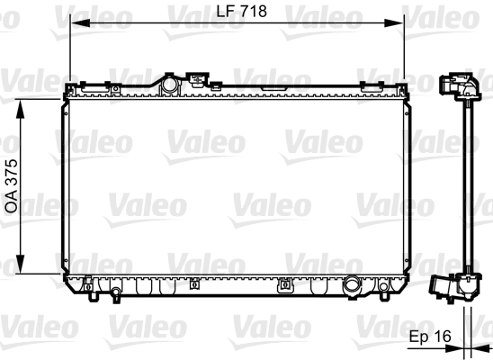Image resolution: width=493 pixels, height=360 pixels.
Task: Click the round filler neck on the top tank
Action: point(168,84)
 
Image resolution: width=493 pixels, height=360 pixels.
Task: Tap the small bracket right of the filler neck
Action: point(198,80)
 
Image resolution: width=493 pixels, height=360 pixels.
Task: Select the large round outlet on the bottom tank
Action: point(354,288)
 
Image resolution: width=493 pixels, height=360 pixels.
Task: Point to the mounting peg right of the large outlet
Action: point(384,288)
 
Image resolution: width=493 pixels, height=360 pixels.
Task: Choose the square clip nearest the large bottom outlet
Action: point(286,286)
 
